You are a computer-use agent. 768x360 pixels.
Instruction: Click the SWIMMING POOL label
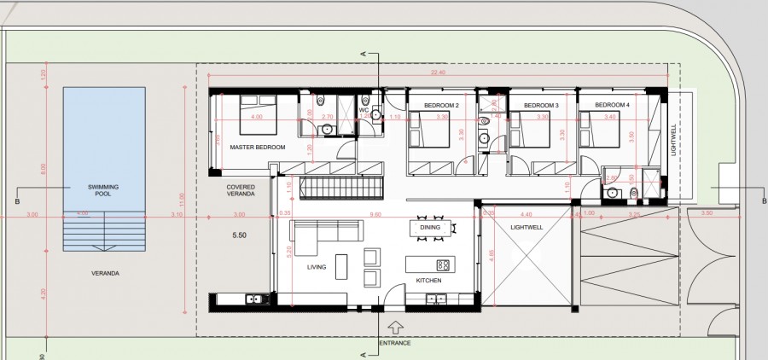(103, 191)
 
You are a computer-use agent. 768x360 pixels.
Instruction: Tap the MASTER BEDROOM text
(257, 148)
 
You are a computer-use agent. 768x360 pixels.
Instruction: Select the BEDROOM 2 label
(441, 105)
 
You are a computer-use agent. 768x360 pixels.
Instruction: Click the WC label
(364, 109)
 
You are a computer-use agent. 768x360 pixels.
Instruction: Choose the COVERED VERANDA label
(241, 190)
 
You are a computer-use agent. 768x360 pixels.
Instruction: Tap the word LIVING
(317, 267)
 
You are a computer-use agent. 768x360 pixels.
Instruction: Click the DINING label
(430, 228)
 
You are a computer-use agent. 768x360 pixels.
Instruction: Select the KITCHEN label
(428, 281)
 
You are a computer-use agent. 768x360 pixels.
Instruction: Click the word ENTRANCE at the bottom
(395, 343)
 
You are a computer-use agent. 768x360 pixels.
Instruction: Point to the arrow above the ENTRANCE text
(395, 327)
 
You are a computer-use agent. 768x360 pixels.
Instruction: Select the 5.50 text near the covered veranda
(241, 234)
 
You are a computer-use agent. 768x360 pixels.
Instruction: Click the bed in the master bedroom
(256, 117)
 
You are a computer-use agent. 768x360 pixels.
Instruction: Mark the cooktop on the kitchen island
(443, 264)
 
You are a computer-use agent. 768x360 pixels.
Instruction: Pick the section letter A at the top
(364, 53)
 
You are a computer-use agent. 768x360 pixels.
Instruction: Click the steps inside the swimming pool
(103, 230)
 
